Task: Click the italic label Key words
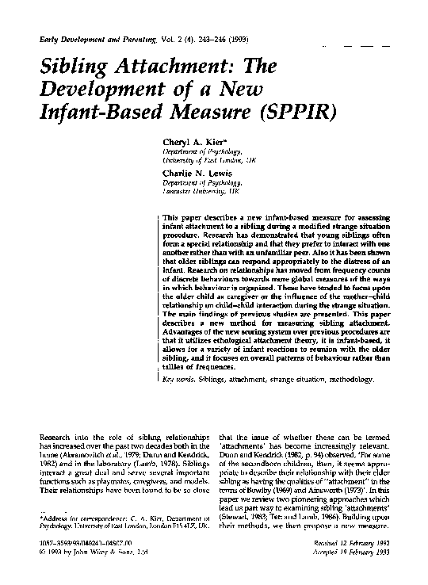click(x=178, y=381)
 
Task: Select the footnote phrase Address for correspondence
click(x=75, y=519)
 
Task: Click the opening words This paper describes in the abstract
click(x=197, y=216)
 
